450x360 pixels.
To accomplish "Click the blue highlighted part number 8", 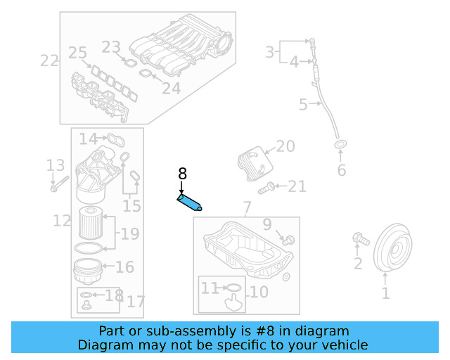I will click(x=188, y=203).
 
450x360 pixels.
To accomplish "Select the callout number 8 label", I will click(x=182, y=174).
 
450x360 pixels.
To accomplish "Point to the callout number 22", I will click(x=49, y=60).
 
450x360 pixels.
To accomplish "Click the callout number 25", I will click(x=77, y=53).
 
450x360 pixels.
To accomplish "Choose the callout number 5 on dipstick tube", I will click(x=303, y=105).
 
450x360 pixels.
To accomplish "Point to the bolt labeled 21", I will click(x=266, y=188).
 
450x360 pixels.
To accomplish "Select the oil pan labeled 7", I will click(x=246, y=250).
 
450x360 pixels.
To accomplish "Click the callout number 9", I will click(x=267, y=224).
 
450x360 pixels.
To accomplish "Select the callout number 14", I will click(x=88, y=139).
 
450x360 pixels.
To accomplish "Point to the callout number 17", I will click(x=136, y=302).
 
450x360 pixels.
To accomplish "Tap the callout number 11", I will click(x=210, y=288).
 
